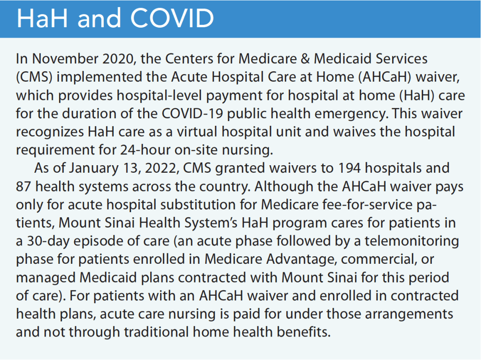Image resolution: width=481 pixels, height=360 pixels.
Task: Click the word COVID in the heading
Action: tap(172, 19)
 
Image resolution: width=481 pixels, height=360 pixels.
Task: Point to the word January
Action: tap(93, 168)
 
